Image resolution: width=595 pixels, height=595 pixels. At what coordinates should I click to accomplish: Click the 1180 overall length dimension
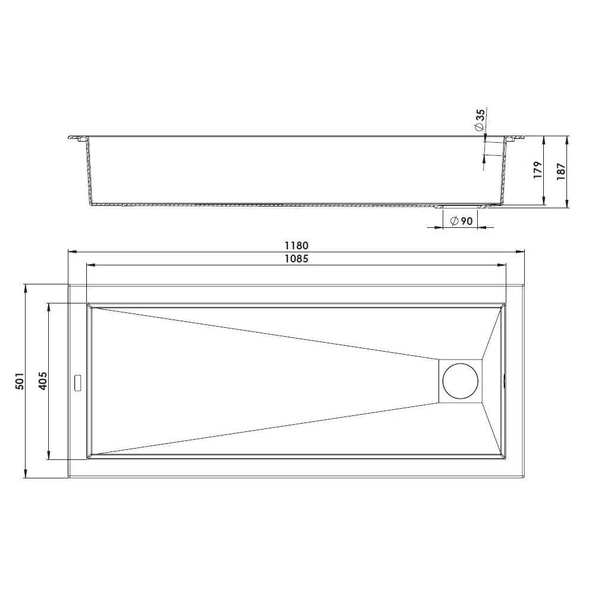point(296,246)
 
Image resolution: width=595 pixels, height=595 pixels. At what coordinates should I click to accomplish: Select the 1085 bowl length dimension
point(296,259)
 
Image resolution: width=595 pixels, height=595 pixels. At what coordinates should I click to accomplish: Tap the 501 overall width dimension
point(20,381)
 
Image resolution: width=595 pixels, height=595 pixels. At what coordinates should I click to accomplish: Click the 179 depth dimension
point(538,170)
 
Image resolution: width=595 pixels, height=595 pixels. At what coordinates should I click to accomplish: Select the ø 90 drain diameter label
point(461,221)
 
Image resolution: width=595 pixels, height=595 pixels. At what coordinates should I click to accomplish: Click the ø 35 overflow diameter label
point(480,120)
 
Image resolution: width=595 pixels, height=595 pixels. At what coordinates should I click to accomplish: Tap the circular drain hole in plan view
point(461,381)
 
